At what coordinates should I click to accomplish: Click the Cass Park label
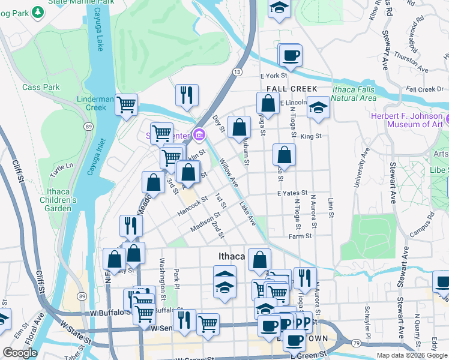pos(41,87)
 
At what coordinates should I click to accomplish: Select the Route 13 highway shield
pos(238,72)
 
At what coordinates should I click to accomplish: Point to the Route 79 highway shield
pos(355,343)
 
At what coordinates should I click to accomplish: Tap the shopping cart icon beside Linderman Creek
pos(126,104)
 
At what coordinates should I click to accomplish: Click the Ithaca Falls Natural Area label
pos(354,93)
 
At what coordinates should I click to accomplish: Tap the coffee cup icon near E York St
pos(291,56)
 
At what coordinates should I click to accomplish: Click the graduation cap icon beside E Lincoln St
pos(318,107)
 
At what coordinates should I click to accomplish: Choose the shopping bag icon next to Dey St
pos(240,127)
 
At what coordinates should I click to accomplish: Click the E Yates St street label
pos(292,193)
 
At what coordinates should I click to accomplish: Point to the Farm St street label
pos(300,236)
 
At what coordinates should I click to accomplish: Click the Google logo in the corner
pos(20,353)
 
